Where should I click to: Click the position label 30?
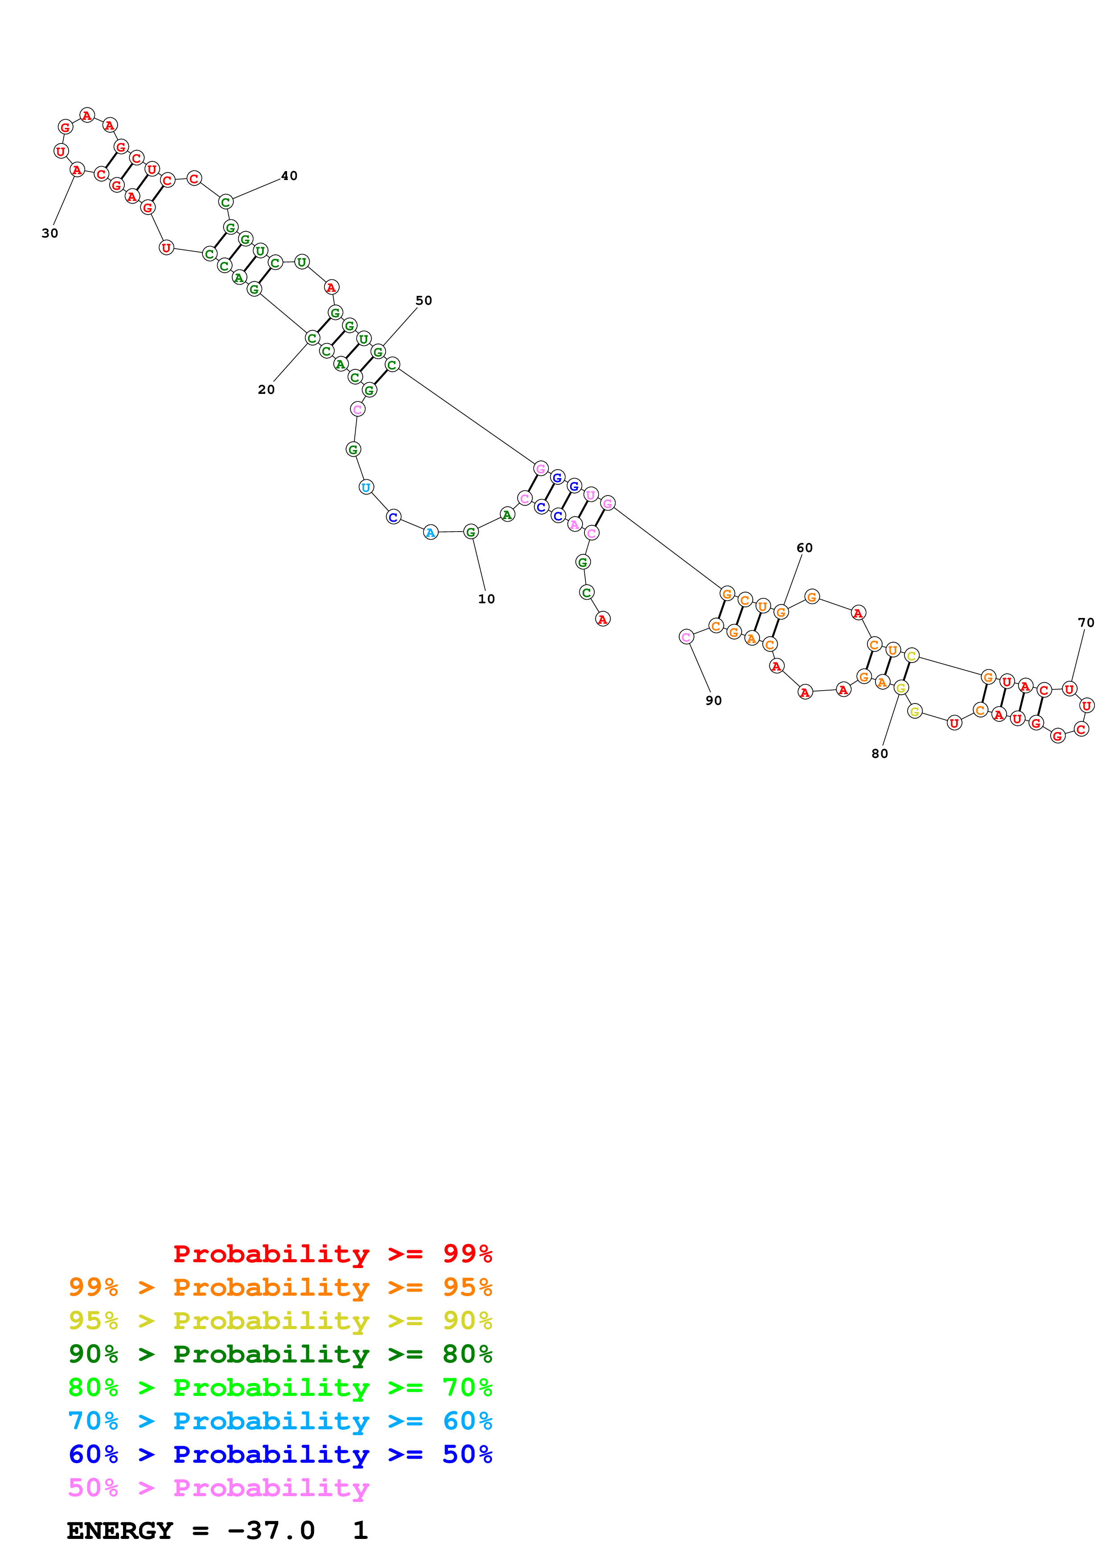(x=50, y=233)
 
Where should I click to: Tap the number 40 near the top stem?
(x=289, y=176)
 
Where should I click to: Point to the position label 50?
(x=423, y=300)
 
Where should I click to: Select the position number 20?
(x=266, y=389)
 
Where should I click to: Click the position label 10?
(x=486, y=599)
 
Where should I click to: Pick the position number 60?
(x=804, y=548)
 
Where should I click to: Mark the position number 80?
(x=879, y=753)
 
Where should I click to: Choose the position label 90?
(x=714, y=700)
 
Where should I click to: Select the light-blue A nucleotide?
(x=430, y=532)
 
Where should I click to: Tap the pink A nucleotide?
(x=575, y=524)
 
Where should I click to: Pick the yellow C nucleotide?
(x=912, y=655)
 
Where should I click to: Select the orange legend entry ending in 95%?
(x=280, y=1287)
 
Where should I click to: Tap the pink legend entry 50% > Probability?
(x=218, y=1487)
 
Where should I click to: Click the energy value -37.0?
(x=271, y=1530)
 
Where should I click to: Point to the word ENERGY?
(x=120, y=1530)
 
